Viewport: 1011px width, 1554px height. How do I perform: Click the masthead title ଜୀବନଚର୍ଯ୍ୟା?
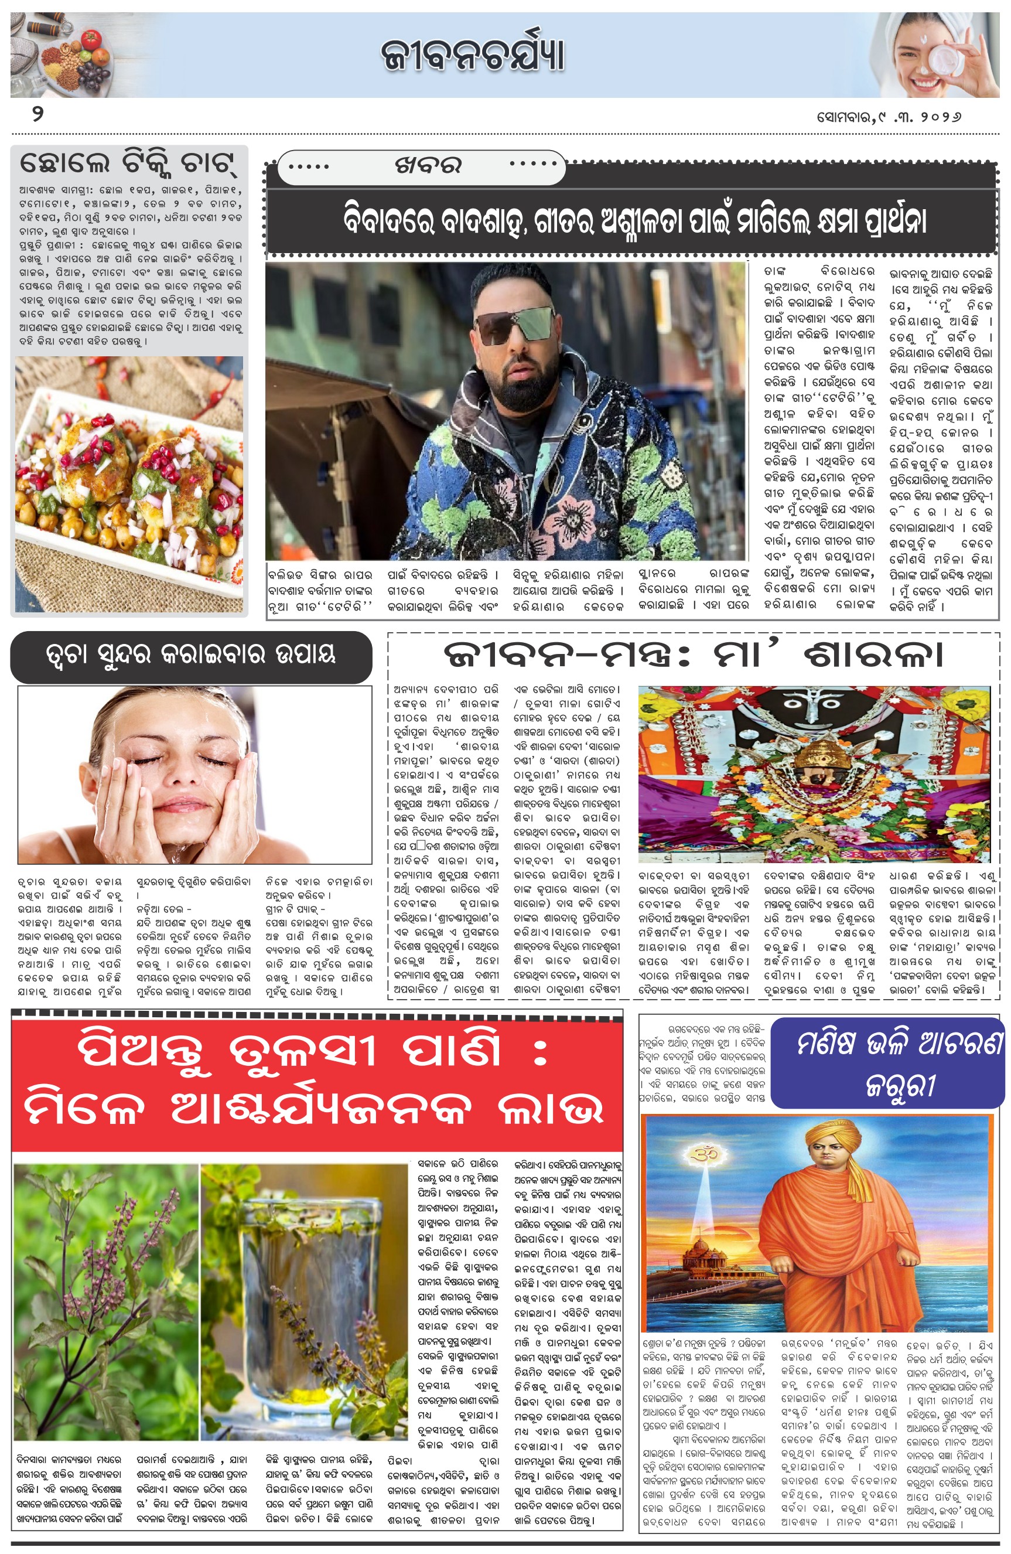(x=473, y=55)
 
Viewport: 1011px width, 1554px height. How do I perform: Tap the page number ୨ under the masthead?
(x=38, y=115)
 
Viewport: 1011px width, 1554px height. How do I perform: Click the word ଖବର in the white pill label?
(x=428, y=166)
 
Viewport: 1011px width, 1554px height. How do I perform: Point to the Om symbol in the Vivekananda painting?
(x=706, y=1154)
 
